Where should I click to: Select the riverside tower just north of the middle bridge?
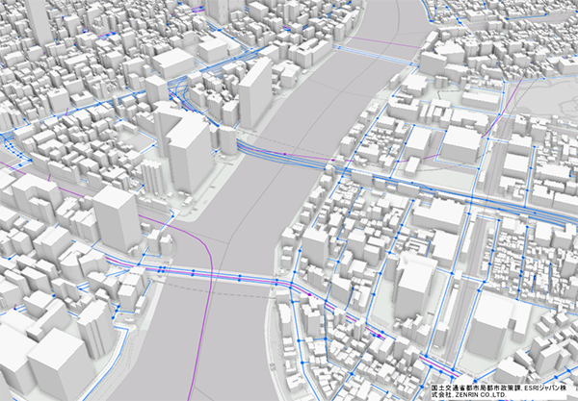tap(255, 91)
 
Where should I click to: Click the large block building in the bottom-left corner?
tap(58, 365)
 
